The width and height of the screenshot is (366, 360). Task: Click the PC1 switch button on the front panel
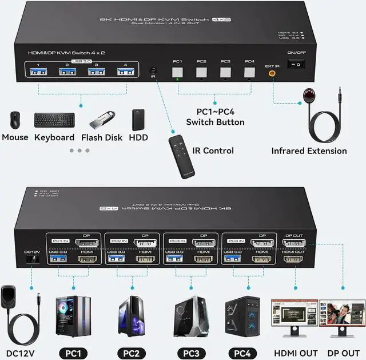(177, 72)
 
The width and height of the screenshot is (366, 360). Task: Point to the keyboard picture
(54, 120)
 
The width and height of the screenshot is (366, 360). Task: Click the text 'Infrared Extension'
(309, 151)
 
